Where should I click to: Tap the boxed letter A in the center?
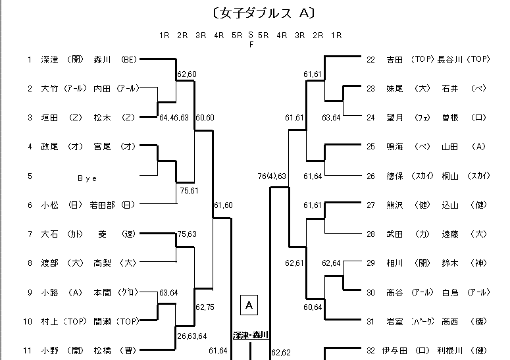click(249, 305)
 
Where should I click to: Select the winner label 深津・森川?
click(251, 336)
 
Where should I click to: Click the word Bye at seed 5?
click(88, 176)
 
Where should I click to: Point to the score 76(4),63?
click(272, 176)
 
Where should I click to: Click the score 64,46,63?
click(174, 118)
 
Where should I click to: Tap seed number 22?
click(370, 59)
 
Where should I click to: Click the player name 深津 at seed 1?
click(50, 59)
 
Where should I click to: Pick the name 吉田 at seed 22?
click(395, 59)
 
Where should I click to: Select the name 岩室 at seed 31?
click(395, 322)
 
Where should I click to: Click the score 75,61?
click(189, 191)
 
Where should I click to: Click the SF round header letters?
click(250, 39)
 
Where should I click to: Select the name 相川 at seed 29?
click(395, 263)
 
